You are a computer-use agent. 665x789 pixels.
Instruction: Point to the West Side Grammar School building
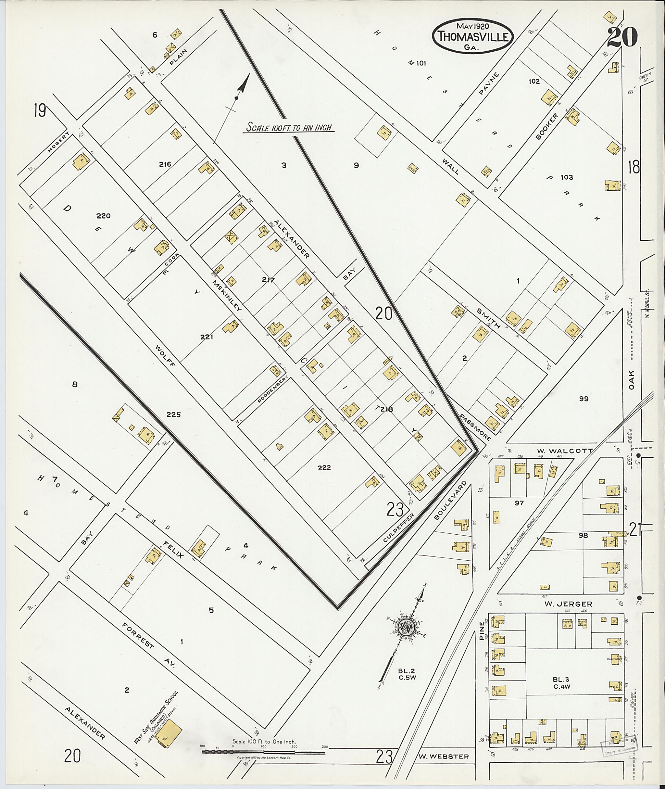click(168, 732)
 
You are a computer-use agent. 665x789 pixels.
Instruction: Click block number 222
click(324, 468)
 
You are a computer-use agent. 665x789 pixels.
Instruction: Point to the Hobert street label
click(59, 142)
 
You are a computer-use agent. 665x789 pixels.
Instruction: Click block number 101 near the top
click(421, 63)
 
